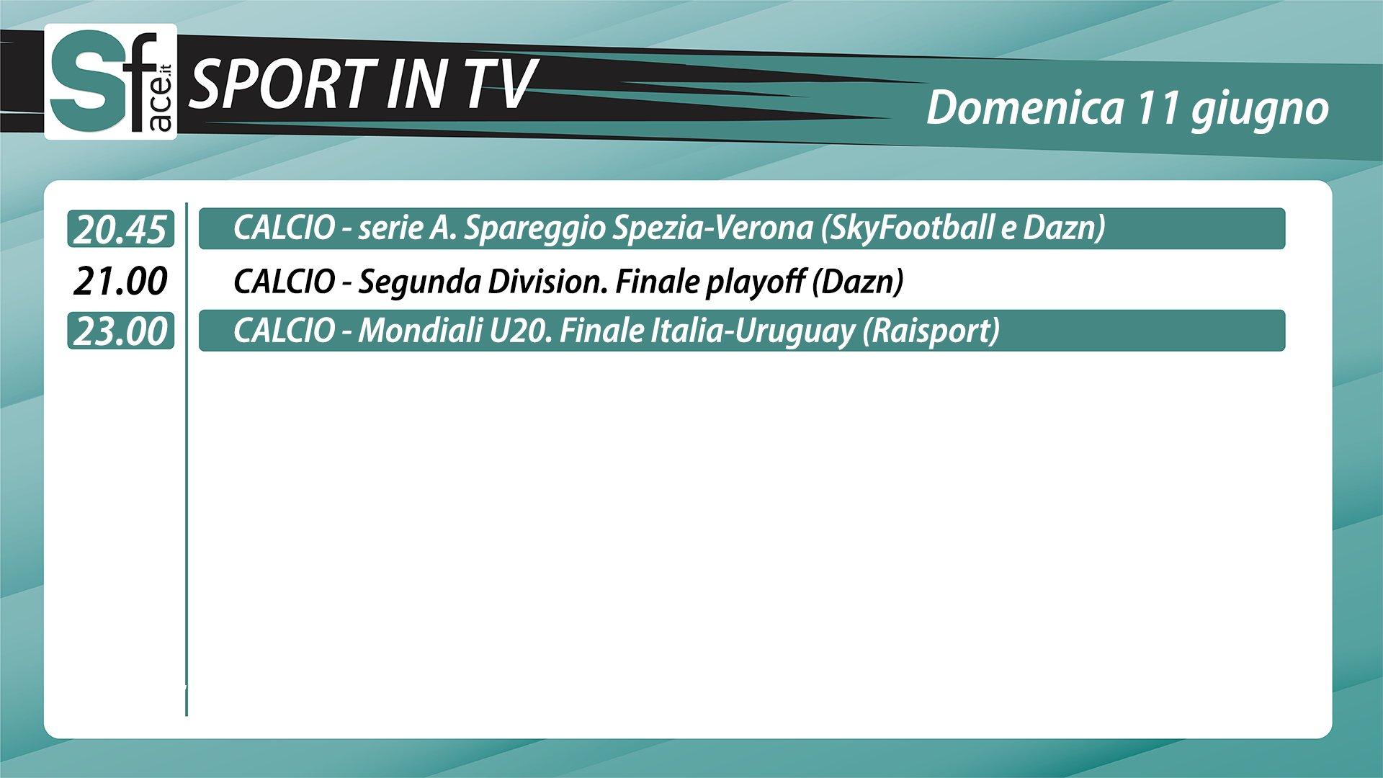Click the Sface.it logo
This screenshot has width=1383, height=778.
111,82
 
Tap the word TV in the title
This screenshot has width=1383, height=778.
499,84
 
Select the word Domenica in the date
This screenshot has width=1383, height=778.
1024,108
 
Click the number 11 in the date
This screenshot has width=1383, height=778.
1156,108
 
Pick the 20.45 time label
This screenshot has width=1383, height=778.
121,230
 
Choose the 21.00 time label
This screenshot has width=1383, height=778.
121,281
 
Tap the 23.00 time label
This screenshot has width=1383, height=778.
121,332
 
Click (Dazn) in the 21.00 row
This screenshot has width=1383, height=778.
857,282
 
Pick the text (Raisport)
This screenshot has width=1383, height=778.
931,332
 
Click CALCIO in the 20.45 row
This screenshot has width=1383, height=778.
284,229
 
